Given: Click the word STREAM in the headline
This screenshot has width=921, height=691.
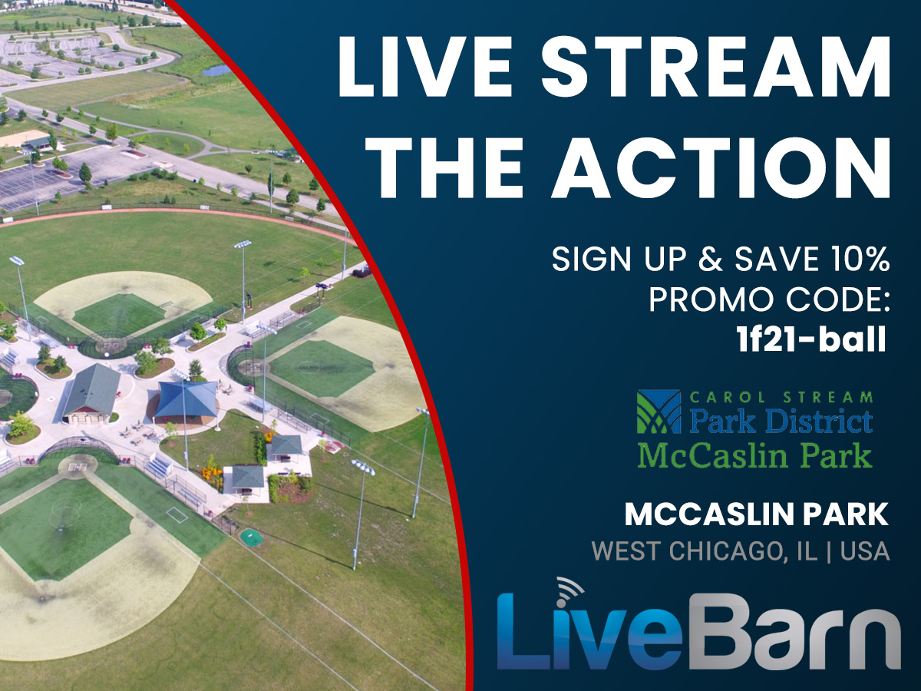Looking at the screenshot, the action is click(x=715, y=68).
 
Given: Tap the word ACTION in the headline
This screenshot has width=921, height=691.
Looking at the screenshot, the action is click(x=721, y=167).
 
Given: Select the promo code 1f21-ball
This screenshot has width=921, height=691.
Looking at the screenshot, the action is click(x=811, y=339).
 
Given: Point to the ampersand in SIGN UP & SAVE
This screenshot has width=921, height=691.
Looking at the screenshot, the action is click(x=711, y=259).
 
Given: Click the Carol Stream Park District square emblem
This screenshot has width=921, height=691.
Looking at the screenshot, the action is click(x=659, y=412).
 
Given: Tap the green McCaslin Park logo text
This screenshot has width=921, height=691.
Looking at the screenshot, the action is click(x=755, y=456).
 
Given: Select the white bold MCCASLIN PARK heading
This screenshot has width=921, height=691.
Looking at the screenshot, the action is click(x=757, y=514).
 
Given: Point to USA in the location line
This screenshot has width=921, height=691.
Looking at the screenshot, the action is click(x=865, y=550).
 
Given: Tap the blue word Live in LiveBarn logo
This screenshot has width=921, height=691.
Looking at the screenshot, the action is click(x=589, y=631).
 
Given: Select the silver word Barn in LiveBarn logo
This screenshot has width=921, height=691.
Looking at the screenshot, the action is click(x=793, y=632).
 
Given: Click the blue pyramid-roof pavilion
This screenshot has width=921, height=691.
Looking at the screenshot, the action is click(x=187, y=400).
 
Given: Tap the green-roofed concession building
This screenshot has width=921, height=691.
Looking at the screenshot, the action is click(x=92, y=392).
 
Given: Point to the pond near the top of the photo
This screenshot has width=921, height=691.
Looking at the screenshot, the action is click(x=216, y=71).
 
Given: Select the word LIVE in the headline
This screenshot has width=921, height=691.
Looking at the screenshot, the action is click(x=424, y=68).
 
